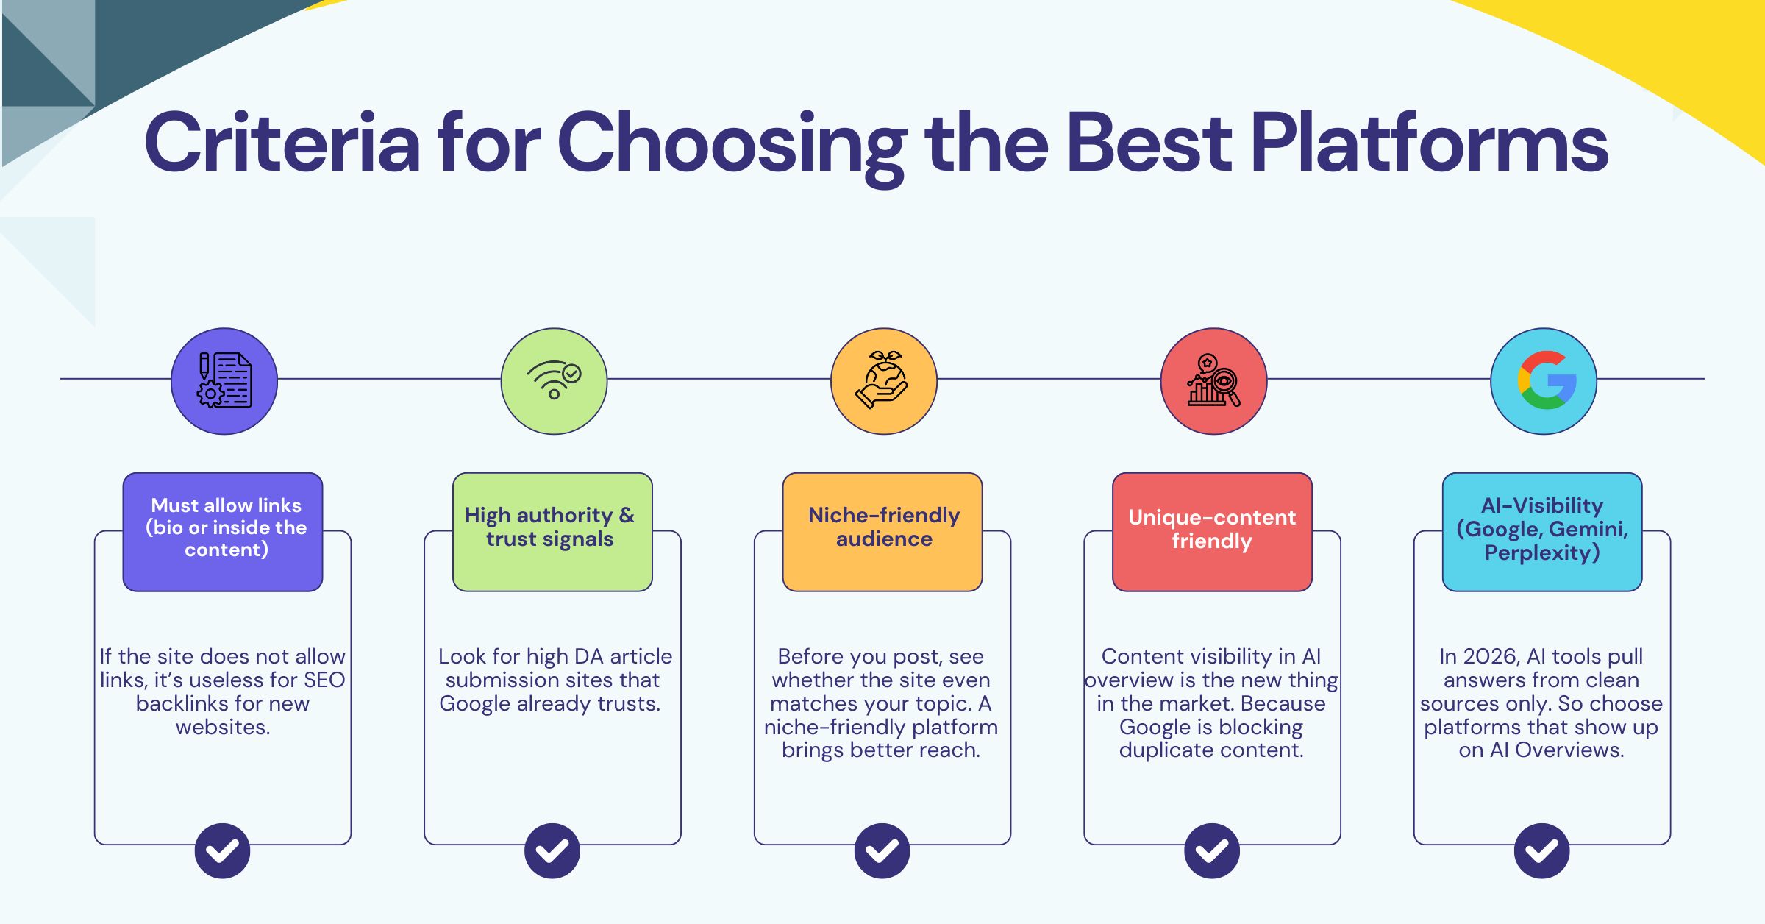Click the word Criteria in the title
[282, 143]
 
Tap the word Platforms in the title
[1429, 143]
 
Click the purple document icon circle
[224, 381]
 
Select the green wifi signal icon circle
[554, 381]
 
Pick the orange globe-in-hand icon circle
[883, 381]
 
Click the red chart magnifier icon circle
[1213, 381]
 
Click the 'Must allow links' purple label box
[223, 531]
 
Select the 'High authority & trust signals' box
[552, 531]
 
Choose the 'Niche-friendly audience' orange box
[883, 531]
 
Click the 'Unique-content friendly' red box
[1212, 531]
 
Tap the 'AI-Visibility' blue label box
[1542, 531]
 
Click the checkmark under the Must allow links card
[223, 850]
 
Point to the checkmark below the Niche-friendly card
[883, 850]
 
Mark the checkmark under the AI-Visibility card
[1542, 850]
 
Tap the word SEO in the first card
[324, 680]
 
